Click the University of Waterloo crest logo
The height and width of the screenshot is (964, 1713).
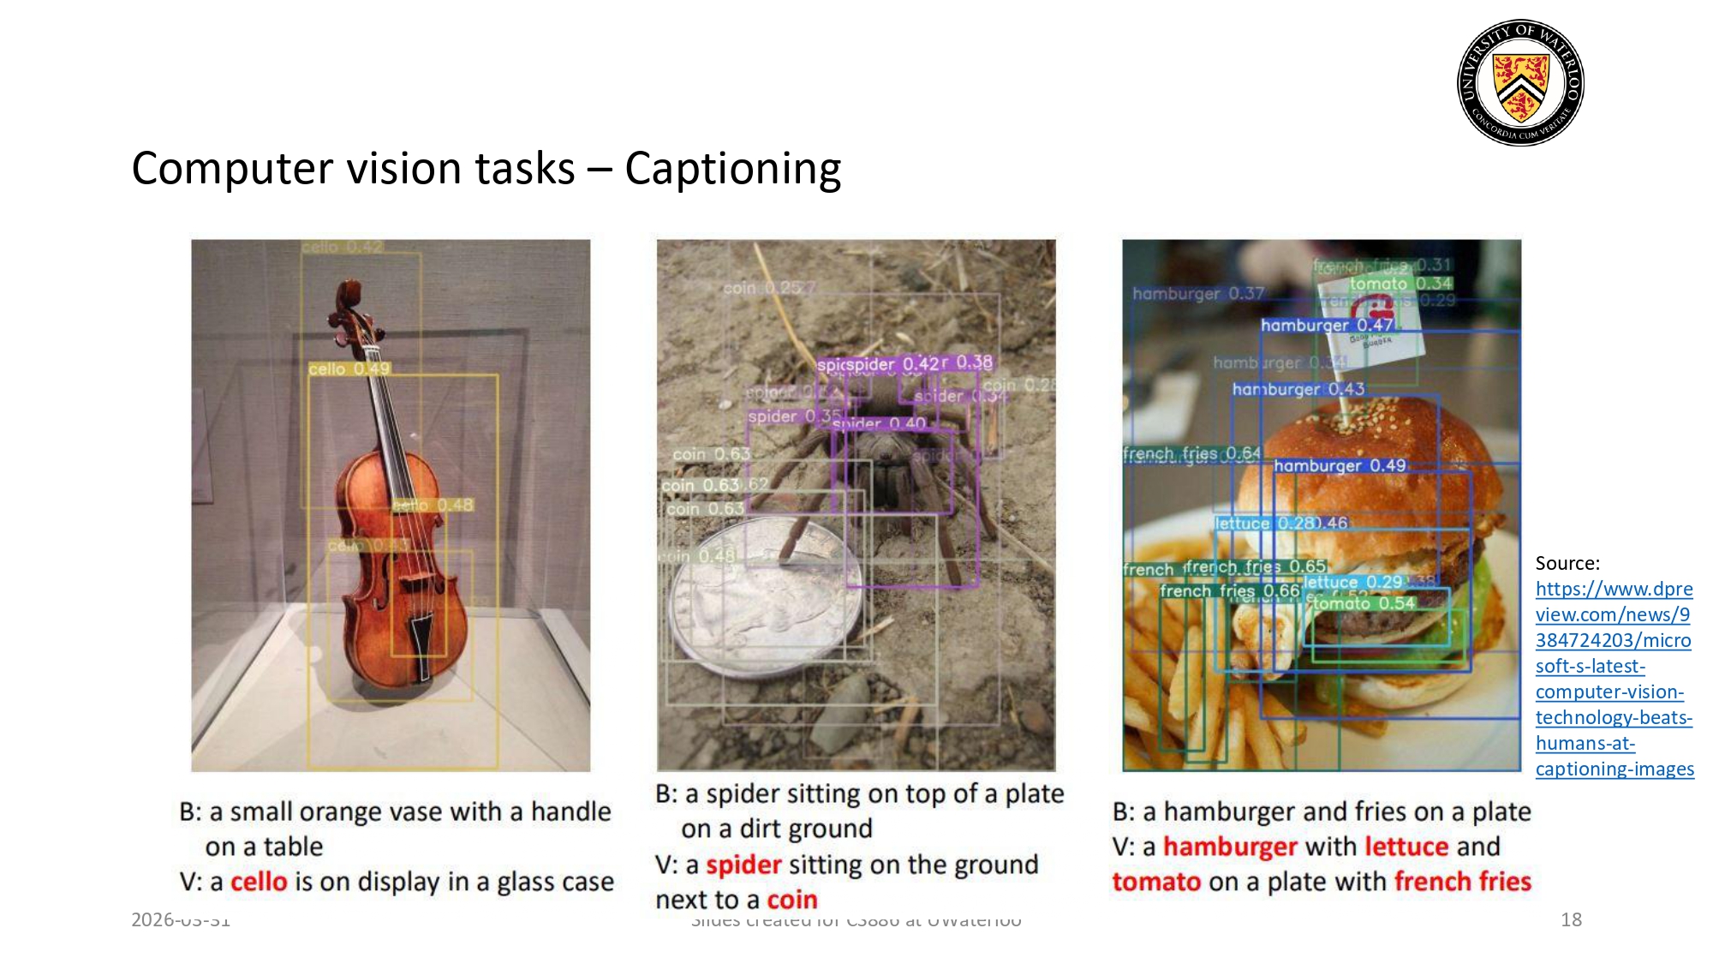coord(1520,82)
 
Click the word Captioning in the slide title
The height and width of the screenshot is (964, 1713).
coord(733,168)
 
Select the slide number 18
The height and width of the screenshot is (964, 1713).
coord(1571,919)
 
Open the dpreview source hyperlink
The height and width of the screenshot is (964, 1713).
coord(1614,678)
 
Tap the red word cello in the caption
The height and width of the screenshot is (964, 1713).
coord(259,882)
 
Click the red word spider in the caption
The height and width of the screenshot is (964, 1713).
coord(743,865)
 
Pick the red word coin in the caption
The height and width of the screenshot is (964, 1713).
coord(792,900)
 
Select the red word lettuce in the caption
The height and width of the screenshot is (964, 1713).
coord(1406,847)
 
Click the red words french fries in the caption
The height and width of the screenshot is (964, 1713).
coord(1463,882)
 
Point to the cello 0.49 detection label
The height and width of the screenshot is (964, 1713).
coord(349,369)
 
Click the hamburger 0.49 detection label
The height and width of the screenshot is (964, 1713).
coord(1340,465)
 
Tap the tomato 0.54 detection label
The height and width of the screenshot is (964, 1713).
coord(1364,603)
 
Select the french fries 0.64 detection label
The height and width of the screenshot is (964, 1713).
coord(1191,453)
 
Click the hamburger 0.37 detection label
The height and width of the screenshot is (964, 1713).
coord(1198,294)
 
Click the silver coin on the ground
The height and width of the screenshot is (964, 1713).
coord(762,600)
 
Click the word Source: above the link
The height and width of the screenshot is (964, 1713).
coord(1567,563)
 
